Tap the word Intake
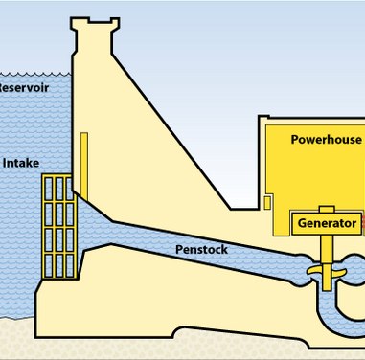click(22, 163)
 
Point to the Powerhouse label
click(326, 140)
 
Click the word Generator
click(327, 223)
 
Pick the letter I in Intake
click(6, 163)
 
